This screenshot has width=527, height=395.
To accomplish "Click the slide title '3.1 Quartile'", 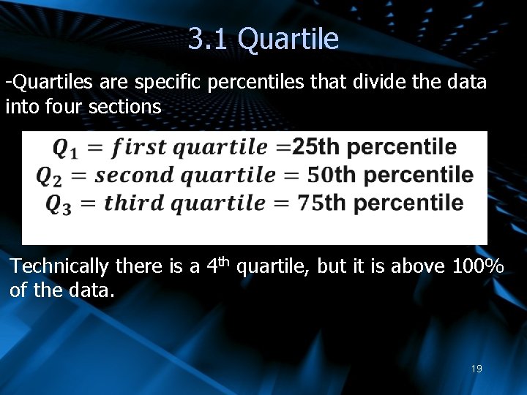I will (x=263, y=39).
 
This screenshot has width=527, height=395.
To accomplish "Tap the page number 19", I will (x=476, y=369).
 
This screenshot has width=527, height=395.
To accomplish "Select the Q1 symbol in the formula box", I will (x=64, y=148).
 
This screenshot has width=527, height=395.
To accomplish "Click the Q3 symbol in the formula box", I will (x=58, y=204).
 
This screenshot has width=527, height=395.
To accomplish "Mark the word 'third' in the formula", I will (x=133, y=203).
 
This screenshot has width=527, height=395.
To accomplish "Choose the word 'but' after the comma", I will (x=335, y=266).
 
